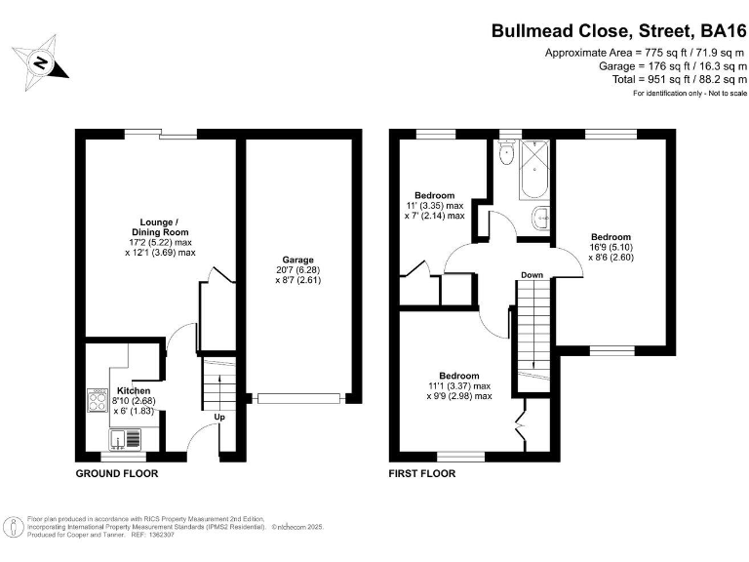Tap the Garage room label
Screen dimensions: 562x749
click(298, 260)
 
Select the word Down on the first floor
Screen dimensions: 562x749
click(532, 275)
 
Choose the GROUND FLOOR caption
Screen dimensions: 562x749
click(117, 473)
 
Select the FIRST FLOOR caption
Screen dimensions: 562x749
click(422, 473)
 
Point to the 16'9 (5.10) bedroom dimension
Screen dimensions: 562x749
click(611, 248)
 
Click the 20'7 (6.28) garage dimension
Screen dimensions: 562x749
click(298, 270)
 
